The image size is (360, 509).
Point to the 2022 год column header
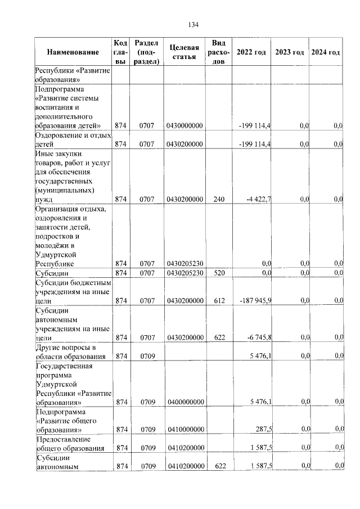[x=251, y=52]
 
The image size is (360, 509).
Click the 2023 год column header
[x=290, y=52]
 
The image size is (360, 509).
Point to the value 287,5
[x=262, y=429]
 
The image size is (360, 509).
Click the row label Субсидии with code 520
[x=52, y=273]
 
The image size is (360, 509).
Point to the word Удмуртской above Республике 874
[x=56, y=254]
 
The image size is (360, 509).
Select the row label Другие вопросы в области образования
[x=63, y=351]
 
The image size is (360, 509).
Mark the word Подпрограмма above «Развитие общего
[x=59, y=411]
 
